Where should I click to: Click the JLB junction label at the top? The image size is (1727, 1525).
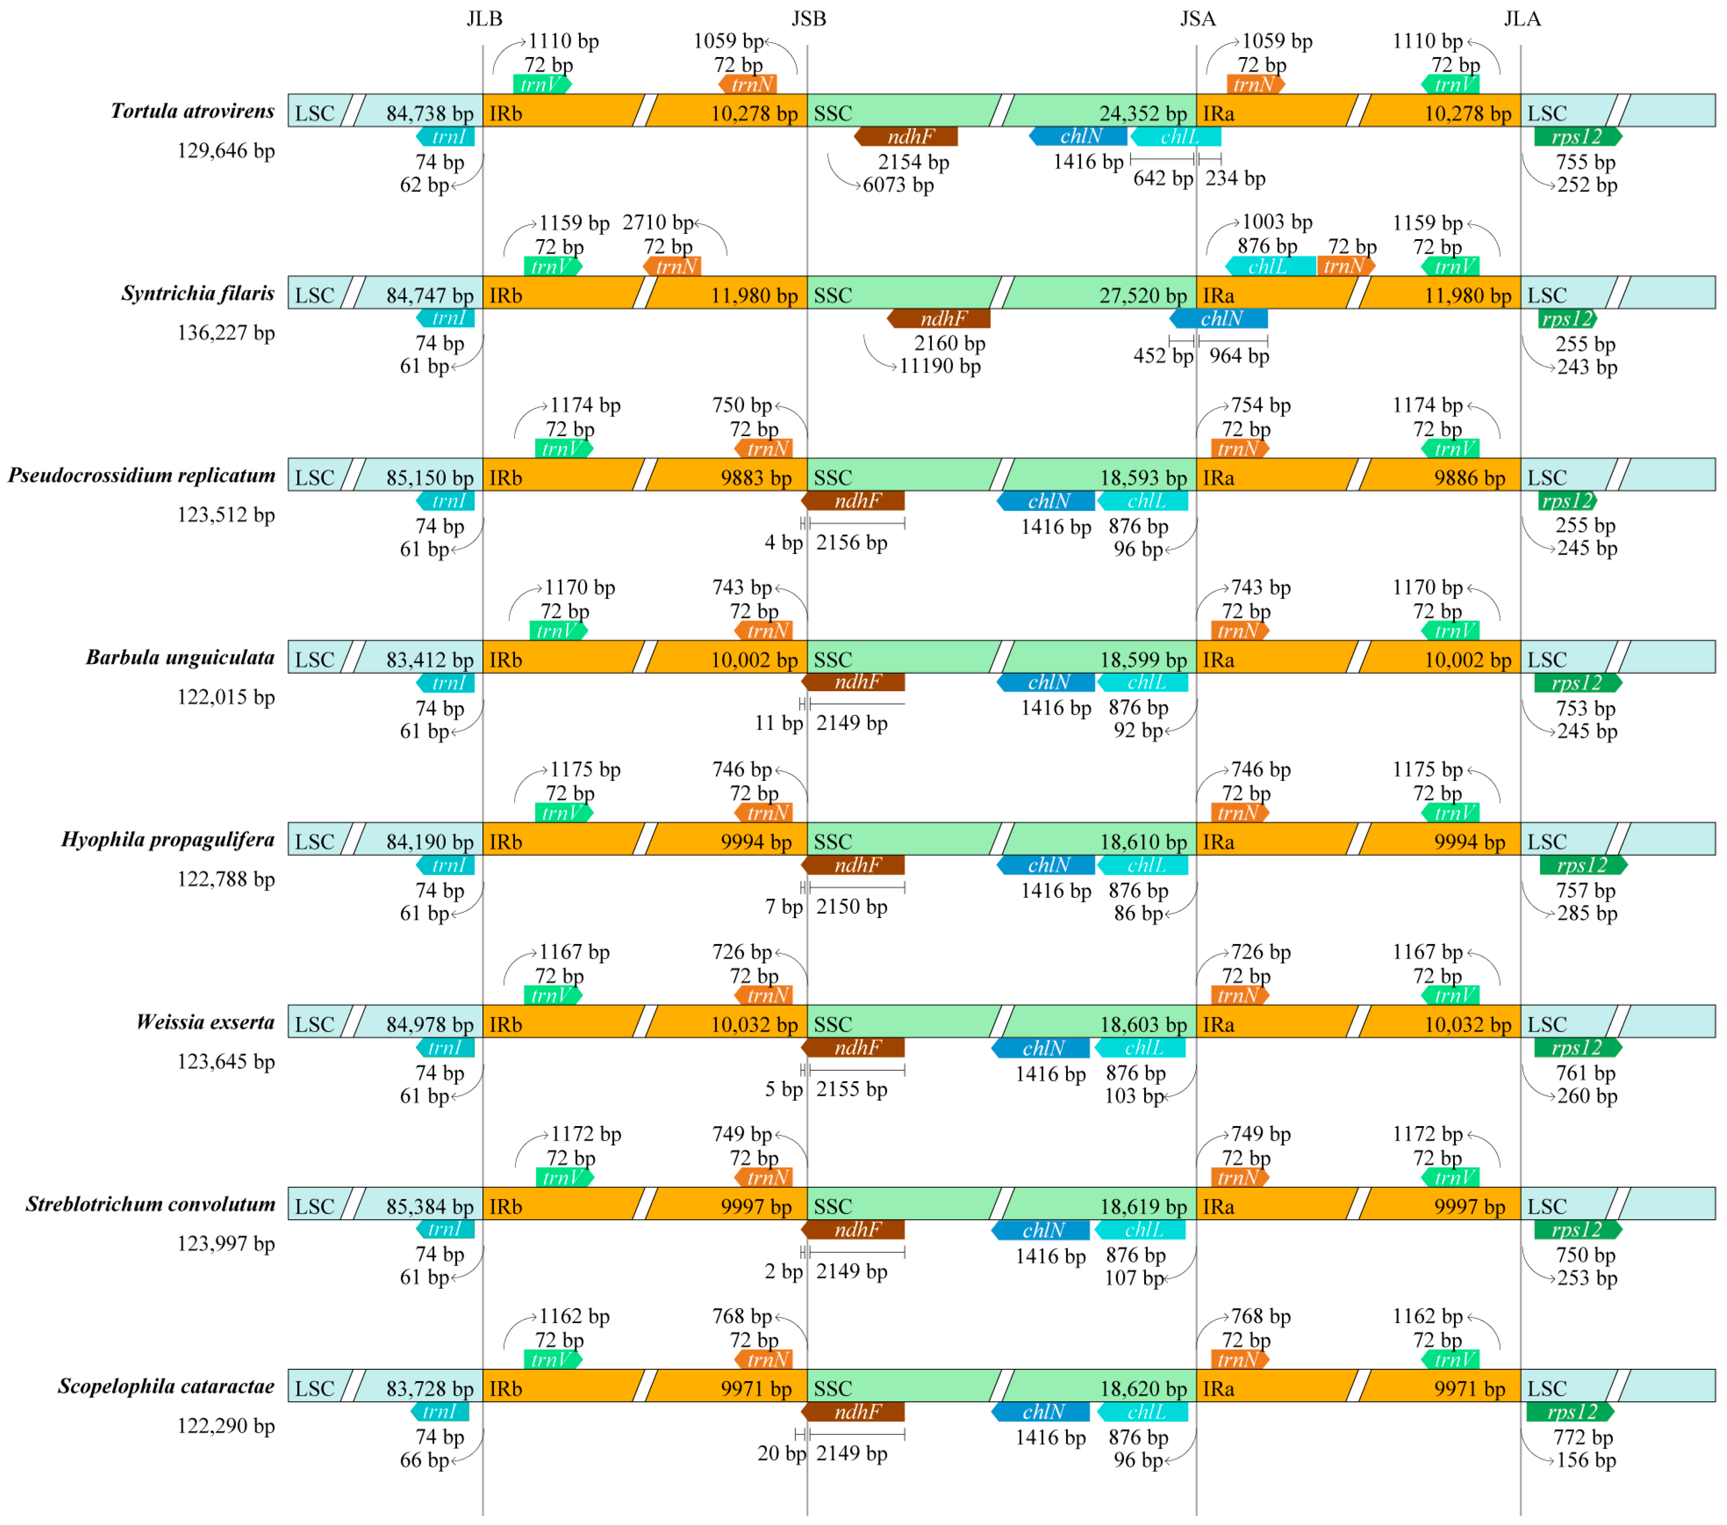click(484, 18)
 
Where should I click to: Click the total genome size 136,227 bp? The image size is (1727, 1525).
click(226, 333)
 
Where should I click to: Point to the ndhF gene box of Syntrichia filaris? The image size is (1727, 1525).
click(939, 319)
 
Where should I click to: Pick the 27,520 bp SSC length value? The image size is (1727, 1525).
click(1142, 296)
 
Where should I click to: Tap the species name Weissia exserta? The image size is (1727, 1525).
click(205, 1023)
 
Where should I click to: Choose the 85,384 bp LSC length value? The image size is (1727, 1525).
click(429, 1206)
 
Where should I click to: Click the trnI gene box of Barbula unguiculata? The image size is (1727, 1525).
click(446, 683)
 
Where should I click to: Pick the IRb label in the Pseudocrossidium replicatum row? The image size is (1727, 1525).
click(505, 478)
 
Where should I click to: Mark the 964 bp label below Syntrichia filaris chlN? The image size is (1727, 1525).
click(1239, 356)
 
